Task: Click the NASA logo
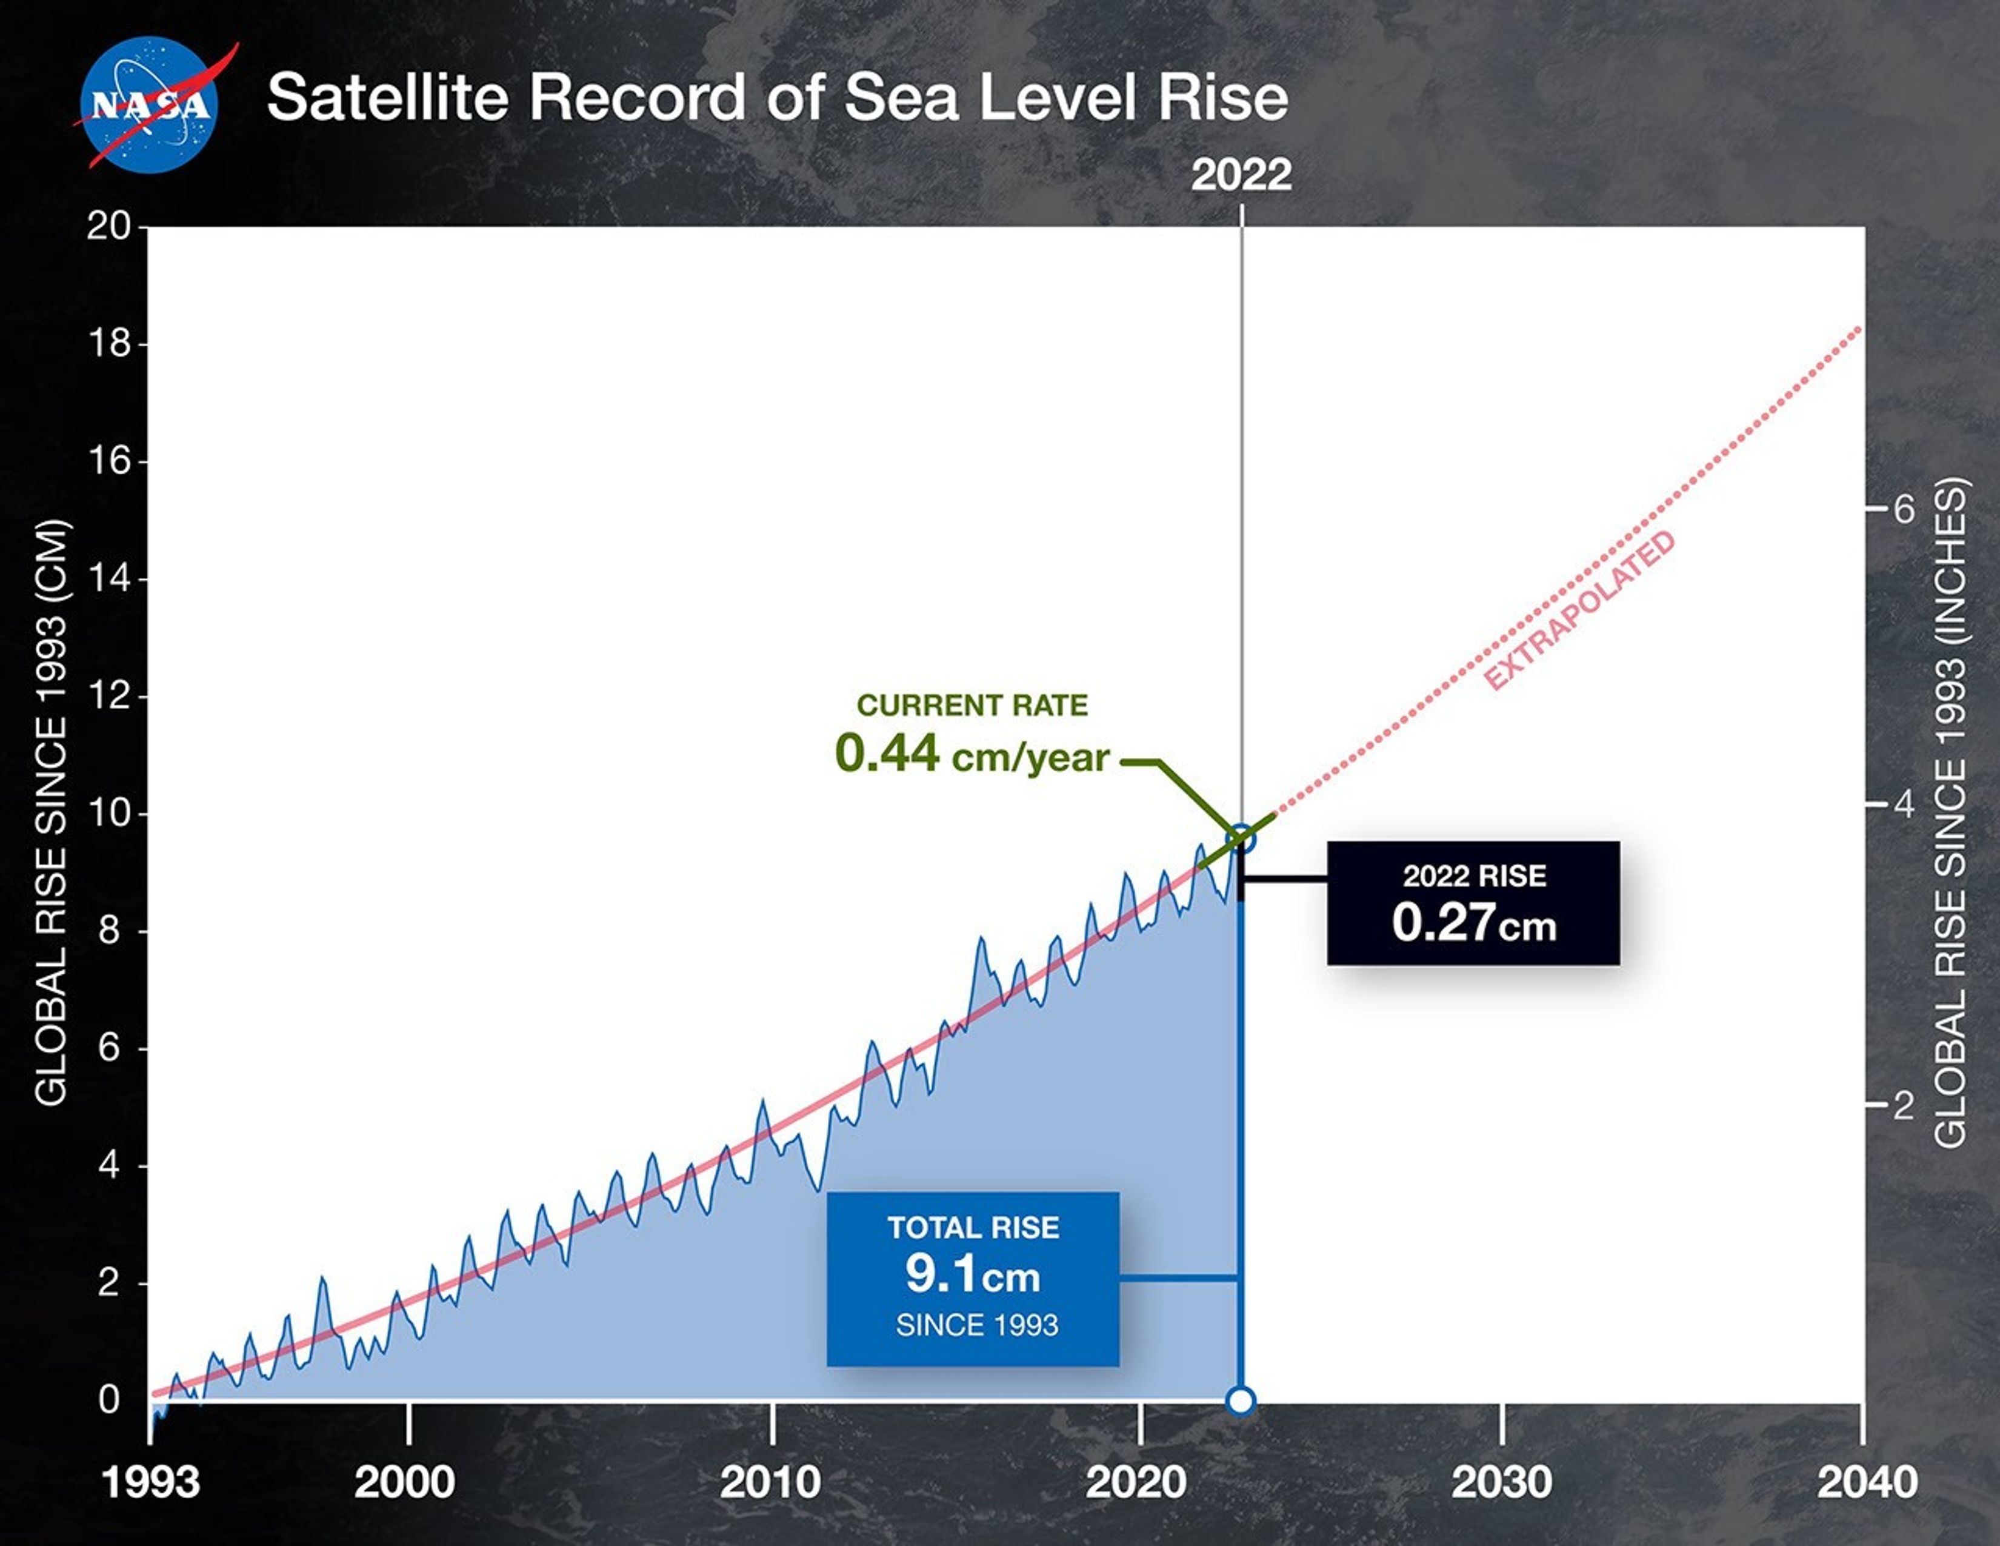tap(149, 105)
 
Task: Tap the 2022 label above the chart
tap(1241, 174)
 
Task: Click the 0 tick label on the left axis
tap(110, 1399)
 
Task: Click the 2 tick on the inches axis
tap(1904, 1105)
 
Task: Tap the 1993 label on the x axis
tap(151, 1482)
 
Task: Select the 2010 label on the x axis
tap(770, 1482)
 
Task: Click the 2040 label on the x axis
tap(1866, 1482)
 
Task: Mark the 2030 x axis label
tap(1502, 1482)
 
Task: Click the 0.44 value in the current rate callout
tap(887, 754)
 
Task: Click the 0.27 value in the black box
tap(1443, 922)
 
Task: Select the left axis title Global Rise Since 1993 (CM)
tap(52, 813)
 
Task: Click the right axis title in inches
tap(1950, 813)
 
